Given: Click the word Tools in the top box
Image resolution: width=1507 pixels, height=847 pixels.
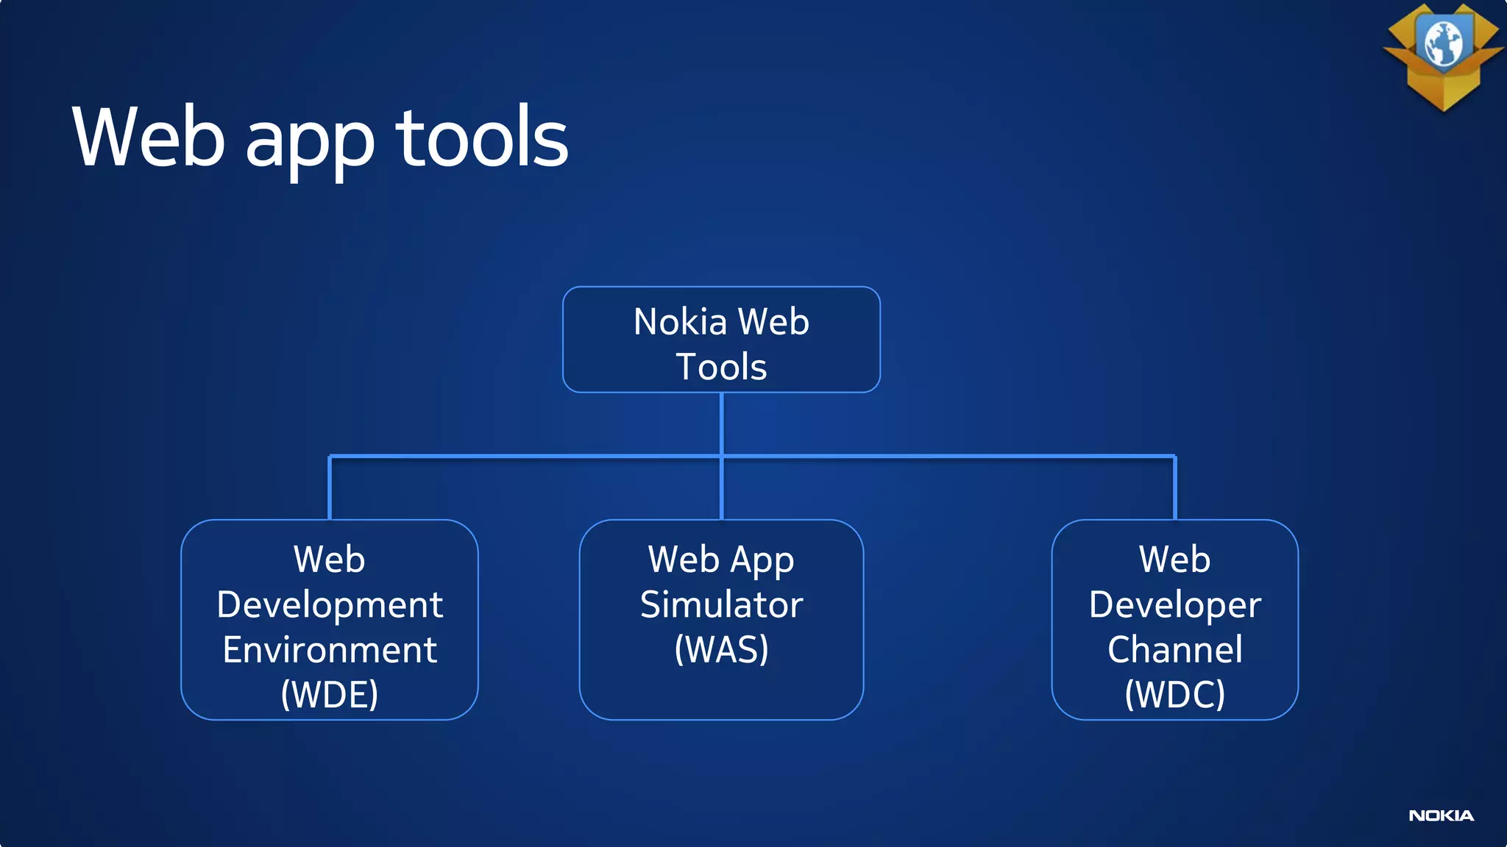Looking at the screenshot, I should pyautogui.click(x=721, y=367).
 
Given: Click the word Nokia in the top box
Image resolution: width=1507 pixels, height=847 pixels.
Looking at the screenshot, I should pyautogui.click(x=680, y=322).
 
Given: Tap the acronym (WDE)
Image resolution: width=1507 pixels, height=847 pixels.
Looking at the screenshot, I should pyautogui.click(x=330, y=694).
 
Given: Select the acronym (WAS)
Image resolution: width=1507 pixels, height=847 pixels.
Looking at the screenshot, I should pyautogui.click(x=721, y=649).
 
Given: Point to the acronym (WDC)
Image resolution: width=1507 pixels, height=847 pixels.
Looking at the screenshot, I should pyautogui.click(x=1174, y=694).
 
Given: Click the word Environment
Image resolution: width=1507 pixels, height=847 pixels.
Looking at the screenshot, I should pyautogui.click(x=330, y=650).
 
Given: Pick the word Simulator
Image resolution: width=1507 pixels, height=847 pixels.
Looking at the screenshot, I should pyautogui.click(x=721, y=604).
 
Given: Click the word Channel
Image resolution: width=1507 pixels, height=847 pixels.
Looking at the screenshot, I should pyautogui.click(x=1174, y=650).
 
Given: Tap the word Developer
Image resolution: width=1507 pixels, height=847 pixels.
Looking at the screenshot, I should pyautogui.click(x=1174, y=604).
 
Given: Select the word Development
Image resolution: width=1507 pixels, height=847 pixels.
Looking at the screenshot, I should pyautogui.click(x=330, y=604).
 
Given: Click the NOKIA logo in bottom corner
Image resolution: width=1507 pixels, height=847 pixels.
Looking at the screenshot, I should pyautogui.click(x=1441, y=815).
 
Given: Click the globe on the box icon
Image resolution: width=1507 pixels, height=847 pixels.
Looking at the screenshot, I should pyautogui.click(x=1443, y=43).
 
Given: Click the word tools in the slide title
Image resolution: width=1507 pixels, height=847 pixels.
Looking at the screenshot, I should pyautogui.click(x=482, y=137).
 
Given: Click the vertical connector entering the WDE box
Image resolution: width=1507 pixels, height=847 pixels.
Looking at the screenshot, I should pyautogui.click(x=330, y=488).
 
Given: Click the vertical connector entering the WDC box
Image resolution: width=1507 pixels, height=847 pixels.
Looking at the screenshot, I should pyautogui.click(x=1174, y=488).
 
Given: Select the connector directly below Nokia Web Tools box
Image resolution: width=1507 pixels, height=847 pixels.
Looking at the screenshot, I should pyautogui.click(x=721, y=423).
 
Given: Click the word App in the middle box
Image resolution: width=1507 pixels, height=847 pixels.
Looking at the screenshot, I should pyautogui.click(x=762, y=561).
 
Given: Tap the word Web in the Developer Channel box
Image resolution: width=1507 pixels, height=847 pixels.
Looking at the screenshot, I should pyautogui.click(x=1174, y=560).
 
